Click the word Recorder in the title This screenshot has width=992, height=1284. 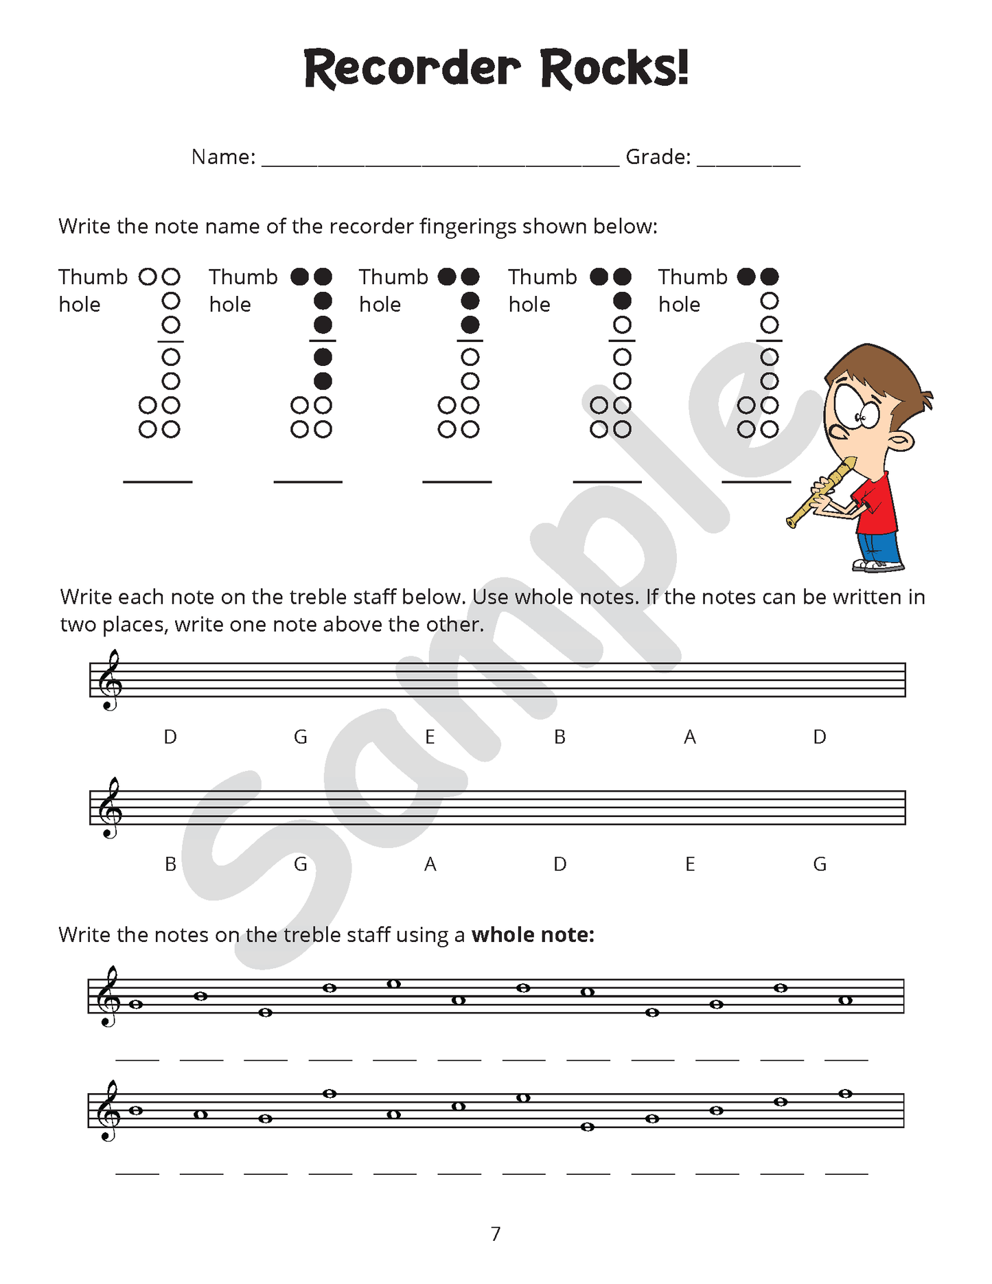412,69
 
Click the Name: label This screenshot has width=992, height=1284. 223,157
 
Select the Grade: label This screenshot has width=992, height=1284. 658,157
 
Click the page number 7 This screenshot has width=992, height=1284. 496,1234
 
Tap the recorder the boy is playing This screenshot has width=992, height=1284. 820,493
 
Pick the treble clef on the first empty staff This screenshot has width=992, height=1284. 110,680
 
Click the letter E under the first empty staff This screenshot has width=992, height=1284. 430,737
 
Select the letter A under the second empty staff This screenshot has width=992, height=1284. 430,864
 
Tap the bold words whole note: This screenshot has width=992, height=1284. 533,935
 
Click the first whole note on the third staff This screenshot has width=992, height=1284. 136,1005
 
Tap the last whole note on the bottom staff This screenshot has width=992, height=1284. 845,1094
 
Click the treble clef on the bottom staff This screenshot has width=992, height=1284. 108,1110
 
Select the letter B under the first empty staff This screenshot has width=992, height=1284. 560,737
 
